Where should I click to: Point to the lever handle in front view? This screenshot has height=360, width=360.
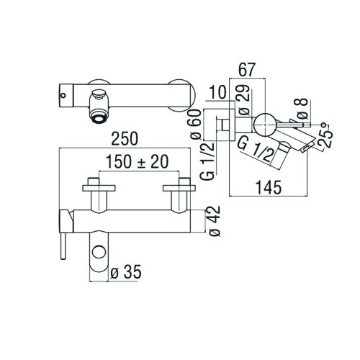63,230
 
